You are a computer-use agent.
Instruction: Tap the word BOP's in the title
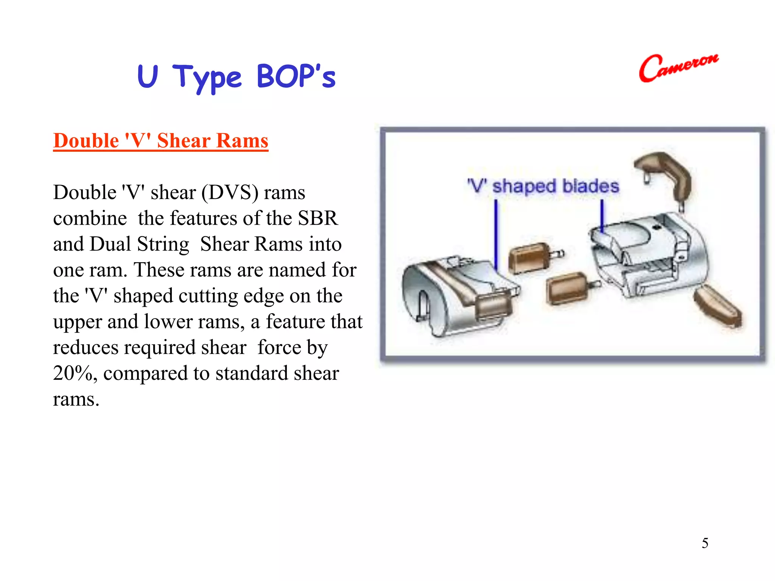296,76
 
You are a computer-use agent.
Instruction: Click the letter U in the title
147,76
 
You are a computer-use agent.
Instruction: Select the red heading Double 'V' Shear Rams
160,141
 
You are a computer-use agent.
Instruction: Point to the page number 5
705,543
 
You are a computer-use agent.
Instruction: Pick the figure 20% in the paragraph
73,373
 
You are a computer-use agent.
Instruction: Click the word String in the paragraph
163,244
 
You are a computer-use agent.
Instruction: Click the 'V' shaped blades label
543,186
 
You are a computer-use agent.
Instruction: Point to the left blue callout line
496,235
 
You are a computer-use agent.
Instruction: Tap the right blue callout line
602,216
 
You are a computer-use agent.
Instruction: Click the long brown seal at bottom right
717,306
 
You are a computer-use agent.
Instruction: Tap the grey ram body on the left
447,299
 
